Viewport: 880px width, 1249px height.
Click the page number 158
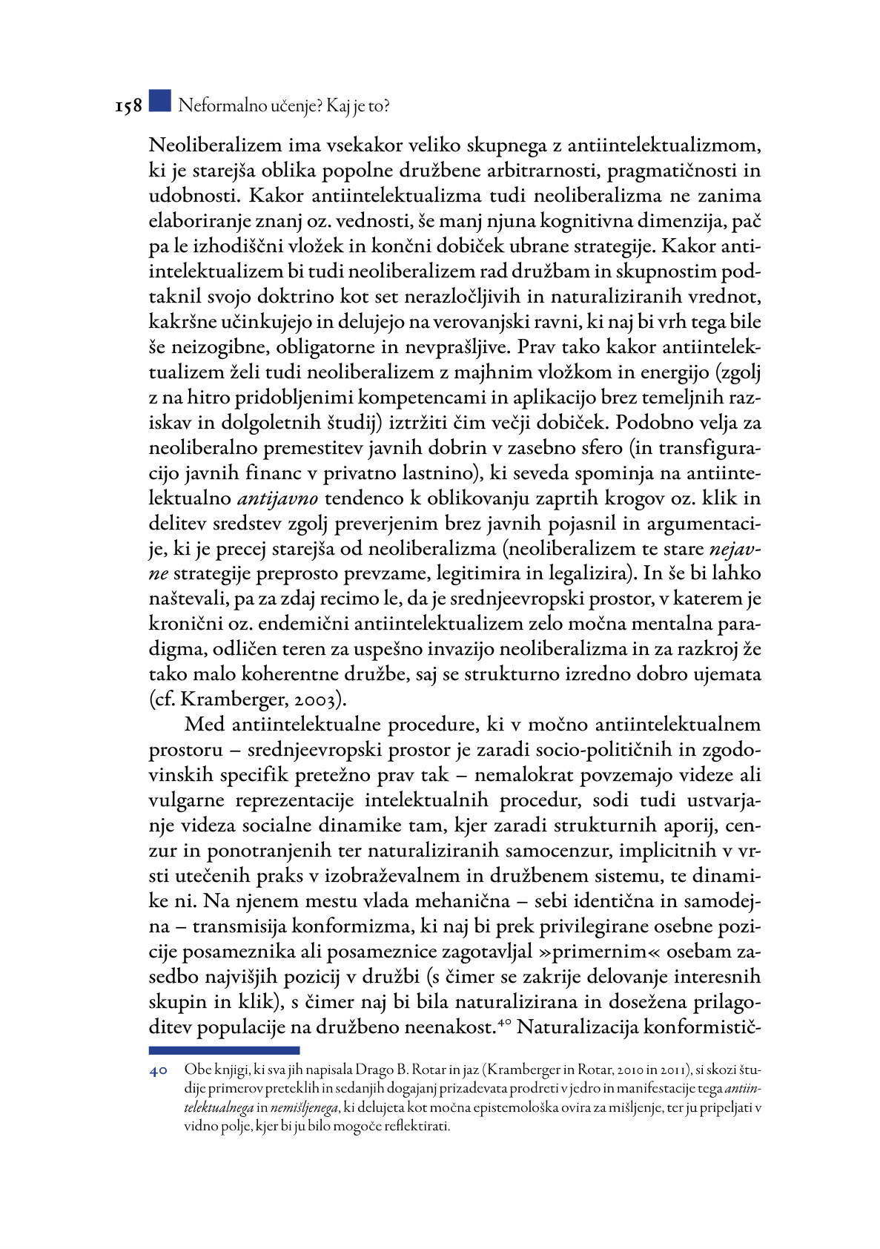(x=128, y=107)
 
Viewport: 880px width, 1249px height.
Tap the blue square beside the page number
(x=159, y=102)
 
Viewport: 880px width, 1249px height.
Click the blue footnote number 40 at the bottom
(x=158, y=1070)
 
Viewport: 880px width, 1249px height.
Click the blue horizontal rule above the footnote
(x=224, y=1050)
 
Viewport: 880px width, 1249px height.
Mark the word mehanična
(x=462, y=901)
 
